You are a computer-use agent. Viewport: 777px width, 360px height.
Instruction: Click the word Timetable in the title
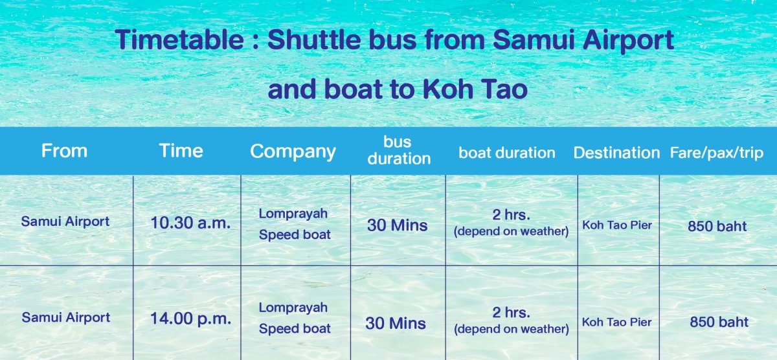[x=179, y=39]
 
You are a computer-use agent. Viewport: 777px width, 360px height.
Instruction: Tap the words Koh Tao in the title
[x=475, y=89]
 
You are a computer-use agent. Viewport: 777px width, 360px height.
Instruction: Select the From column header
[x=64, y=151]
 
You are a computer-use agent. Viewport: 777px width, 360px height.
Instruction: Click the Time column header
[x=181, y=151]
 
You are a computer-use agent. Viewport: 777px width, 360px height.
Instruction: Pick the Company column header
[x=293, y=152]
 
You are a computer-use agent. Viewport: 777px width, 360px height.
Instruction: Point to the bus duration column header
[x=399, y=150]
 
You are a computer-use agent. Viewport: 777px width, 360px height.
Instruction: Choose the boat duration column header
[x=507, y=153]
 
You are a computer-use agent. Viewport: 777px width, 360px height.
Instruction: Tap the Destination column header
[x=616, y=153]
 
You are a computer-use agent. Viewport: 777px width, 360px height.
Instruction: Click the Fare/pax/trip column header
[x=717, y=153]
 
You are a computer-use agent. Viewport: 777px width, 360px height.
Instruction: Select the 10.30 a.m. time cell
[x=190, y=223]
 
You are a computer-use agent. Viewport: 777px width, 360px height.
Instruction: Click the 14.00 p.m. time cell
[x=190, y=319]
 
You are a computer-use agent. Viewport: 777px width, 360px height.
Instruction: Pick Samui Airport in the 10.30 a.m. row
[x=65, y=221]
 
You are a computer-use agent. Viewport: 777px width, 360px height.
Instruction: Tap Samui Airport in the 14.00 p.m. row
[x=66, y=317]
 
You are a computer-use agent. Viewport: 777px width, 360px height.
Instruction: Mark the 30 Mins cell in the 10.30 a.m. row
[x=397, y=225]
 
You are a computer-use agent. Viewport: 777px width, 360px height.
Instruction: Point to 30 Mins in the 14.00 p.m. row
[x=396, y=324]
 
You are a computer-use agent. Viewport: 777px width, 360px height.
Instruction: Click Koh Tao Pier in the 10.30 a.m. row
[x=617, y=225]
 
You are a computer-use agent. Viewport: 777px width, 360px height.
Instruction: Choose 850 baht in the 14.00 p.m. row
[x=719, y=322]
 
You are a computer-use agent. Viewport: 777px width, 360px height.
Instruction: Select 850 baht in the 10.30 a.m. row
[x=717, y=226]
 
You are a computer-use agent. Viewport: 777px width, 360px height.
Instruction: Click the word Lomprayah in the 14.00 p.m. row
[x=293, y=308]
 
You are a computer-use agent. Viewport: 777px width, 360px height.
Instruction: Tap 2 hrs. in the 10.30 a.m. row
[x=512, y=215]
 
